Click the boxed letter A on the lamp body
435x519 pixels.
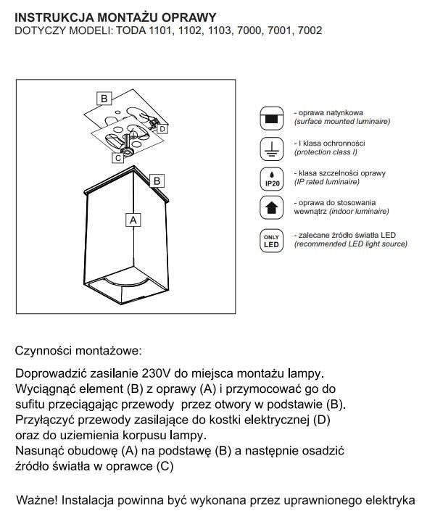[132, 218]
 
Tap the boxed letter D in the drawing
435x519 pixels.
[162, 129]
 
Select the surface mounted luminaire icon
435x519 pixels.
[271, 117]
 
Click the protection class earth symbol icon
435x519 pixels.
[271, 149]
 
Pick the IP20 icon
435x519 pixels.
[271, 179]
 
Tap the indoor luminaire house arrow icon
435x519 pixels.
[271, 209]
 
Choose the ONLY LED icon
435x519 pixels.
[271, 240]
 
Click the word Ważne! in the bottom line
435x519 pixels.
[43, 500]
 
